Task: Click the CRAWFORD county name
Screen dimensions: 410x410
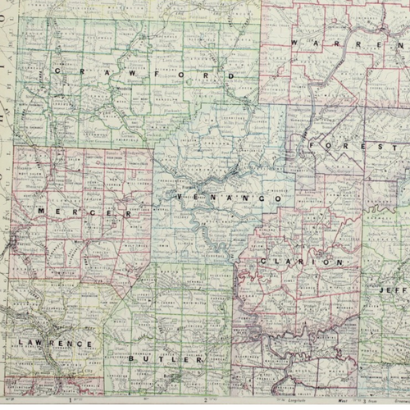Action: coord(143,74)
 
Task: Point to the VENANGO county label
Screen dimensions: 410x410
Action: coord(229,198)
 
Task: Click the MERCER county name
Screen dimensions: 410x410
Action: coord(84,212)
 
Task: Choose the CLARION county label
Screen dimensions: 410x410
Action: coord(301,262)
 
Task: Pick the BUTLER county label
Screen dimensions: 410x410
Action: coord(175,359)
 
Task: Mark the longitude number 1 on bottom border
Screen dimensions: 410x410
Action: coord(71,402)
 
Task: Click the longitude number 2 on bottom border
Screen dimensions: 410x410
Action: coord(205,402)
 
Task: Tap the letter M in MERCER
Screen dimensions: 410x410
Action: coord(41,212)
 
